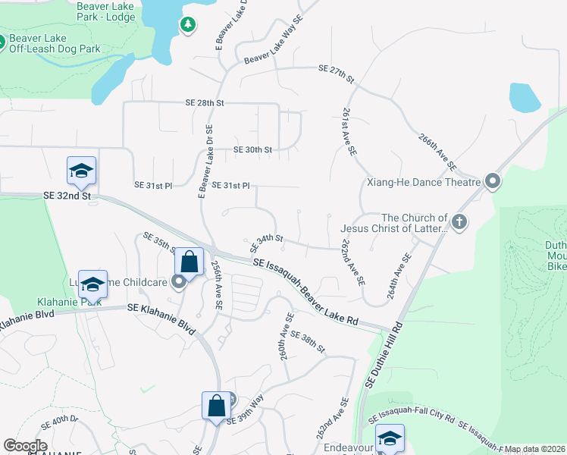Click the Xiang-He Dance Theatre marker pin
493,181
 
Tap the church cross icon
458,222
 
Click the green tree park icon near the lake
187,25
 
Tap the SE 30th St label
252,149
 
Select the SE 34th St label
266,242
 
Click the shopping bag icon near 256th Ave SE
189,262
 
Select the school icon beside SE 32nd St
81,171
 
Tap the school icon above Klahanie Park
92,284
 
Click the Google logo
25,446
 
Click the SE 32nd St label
67,196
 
